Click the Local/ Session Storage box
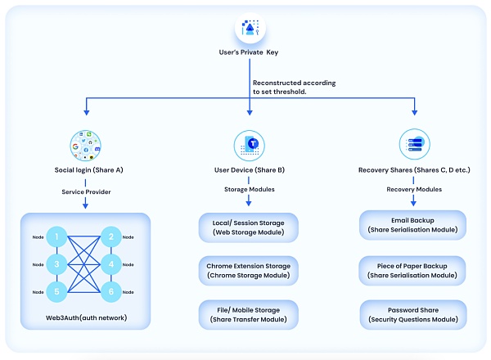pyautogui.click(x=249, y=227)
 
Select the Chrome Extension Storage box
pyautogui.click(x=249, y=271)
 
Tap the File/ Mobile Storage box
pyautogui.click(x=249, y=315)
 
